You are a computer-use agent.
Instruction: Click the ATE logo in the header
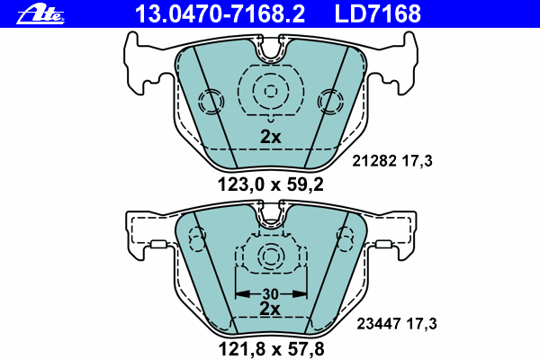click(x=40, y=14)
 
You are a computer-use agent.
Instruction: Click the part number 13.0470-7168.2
click(x=220, y=13)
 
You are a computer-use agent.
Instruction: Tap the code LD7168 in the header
click(x=378, y=13)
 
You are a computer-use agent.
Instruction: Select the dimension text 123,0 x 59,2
click(x=271, y=184)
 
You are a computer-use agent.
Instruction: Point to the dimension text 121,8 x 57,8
click(x=272, y=349)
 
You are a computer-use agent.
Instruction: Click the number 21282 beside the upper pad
click(x=374, y=161)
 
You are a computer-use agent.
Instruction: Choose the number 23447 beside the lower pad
click(x=379, y=324)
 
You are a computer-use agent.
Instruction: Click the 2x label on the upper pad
click(x=271, y=137)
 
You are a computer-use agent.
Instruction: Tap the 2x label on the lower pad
click(x=270, y=309)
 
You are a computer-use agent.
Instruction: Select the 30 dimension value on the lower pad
click(x=270, y=294)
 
